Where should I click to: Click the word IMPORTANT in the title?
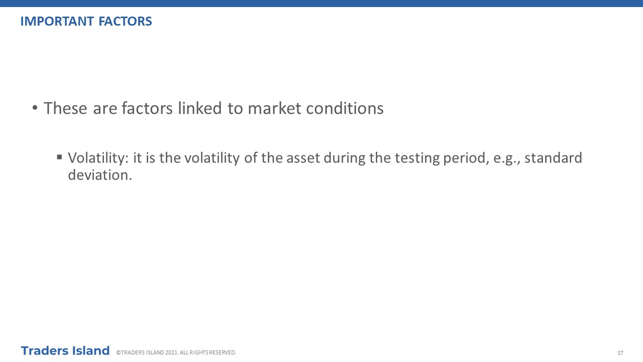pyautogui.click(x=57, y=22)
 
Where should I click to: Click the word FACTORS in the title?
pyautogui.click(x=125, y=22)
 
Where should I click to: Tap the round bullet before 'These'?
pyautogui.click(x=35, y=108)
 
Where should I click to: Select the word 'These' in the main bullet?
pyautogui.click(x=65, y=108)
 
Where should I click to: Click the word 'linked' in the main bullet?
pyautogui.click(x=200, y=108)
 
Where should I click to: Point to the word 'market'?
pyautogui.click(x=274, y=108)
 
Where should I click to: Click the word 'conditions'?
pyautogui.click(x=345, y=108)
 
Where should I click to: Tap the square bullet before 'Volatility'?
pyautogui.click(x=59, y=157)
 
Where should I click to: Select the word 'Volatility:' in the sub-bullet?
pyautogui.click(x=98, y=158)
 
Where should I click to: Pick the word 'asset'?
pyautogui.click(x=303, y=158)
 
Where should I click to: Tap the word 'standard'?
pyautogui.click(x=553, y=158)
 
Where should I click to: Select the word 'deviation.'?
pyautogui.click(x=100, y=175)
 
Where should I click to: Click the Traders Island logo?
pyautogui.click(x=65, y=351)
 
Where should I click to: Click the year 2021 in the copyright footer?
pyautogui.click(x=171, y=352)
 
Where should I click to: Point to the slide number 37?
pyautogui.click(x=620, y=353)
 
